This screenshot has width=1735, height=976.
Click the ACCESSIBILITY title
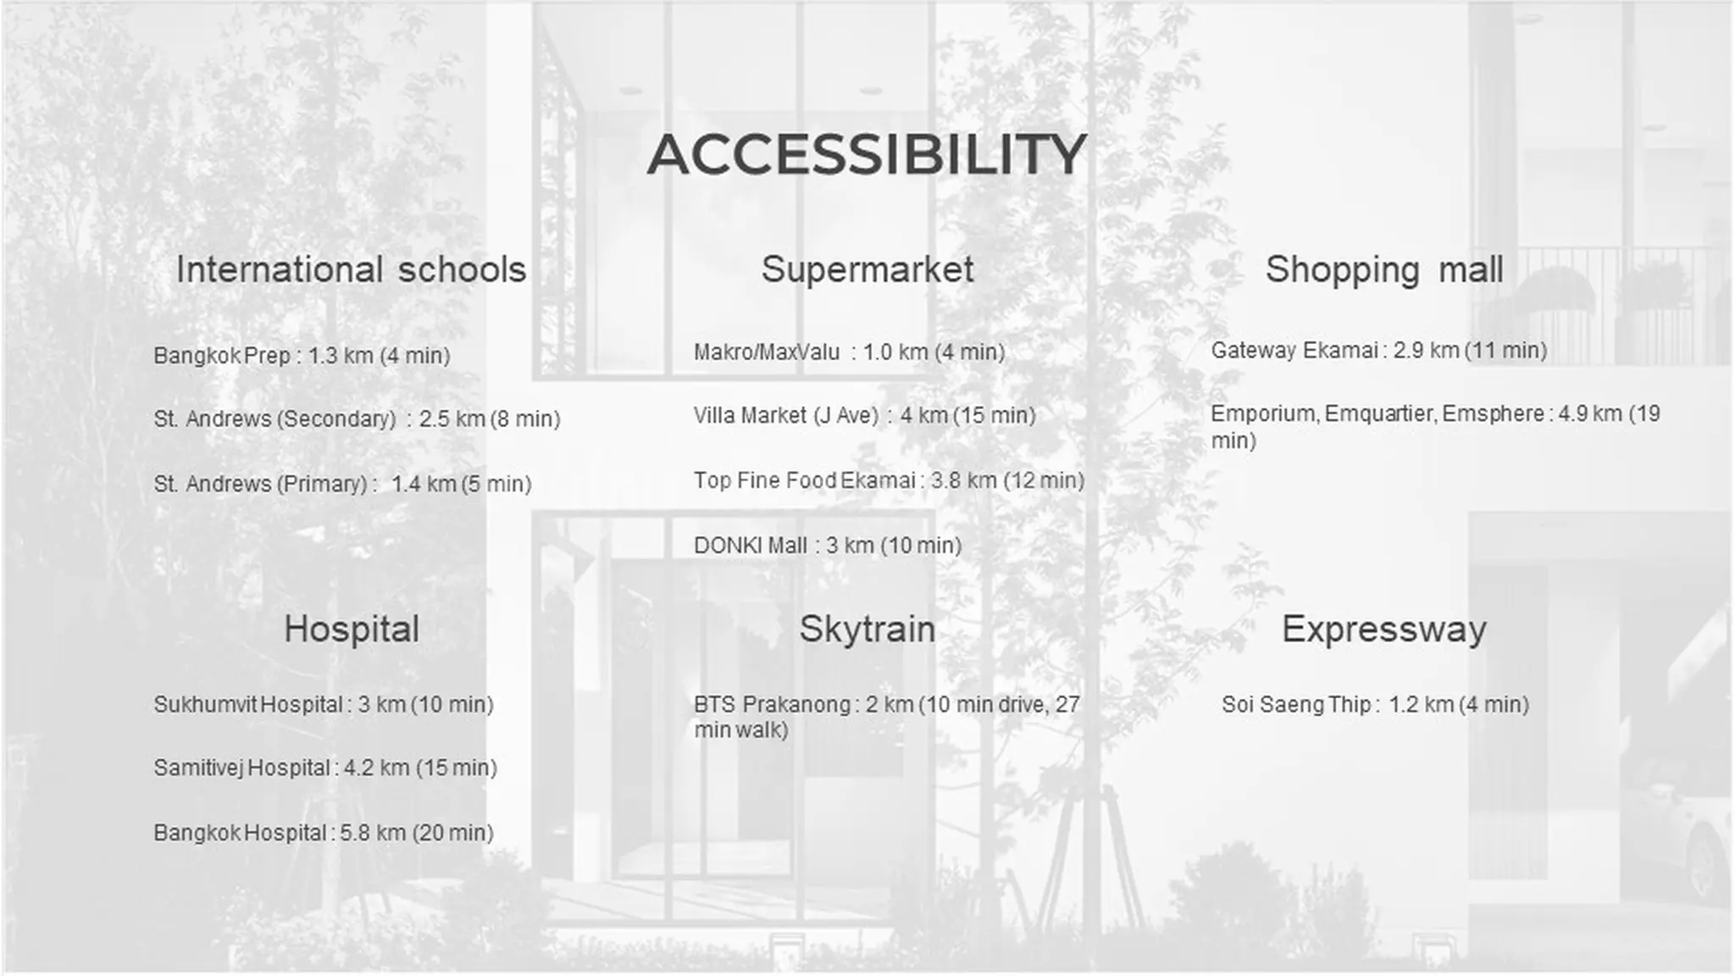point(867,154)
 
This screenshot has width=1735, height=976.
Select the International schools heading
point(351,269)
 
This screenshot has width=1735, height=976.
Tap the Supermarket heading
point(867,270)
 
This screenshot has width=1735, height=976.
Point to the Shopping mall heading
point(1384,270)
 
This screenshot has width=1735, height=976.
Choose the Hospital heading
point(352,629)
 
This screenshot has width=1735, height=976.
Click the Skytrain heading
point(867,629)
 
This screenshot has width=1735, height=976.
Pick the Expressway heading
point(1383,629)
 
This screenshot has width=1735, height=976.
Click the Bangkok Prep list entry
point(302,356)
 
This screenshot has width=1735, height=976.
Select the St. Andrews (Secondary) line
point(357,419)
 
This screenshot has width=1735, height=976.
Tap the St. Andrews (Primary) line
point(342,484)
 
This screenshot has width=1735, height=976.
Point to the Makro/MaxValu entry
point(849,352)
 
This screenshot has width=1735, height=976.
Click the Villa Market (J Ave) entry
point(864,416)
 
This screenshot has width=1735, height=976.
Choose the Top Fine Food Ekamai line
point(889,480)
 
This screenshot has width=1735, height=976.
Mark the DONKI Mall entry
point(828,546)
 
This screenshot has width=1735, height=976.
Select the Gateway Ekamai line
point(1378,351)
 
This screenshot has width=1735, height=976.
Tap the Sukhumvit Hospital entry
point(324,705)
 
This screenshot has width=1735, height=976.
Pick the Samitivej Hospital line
point(325,768)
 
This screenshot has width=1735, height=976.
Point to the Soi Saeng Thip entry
point(1375,705)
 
